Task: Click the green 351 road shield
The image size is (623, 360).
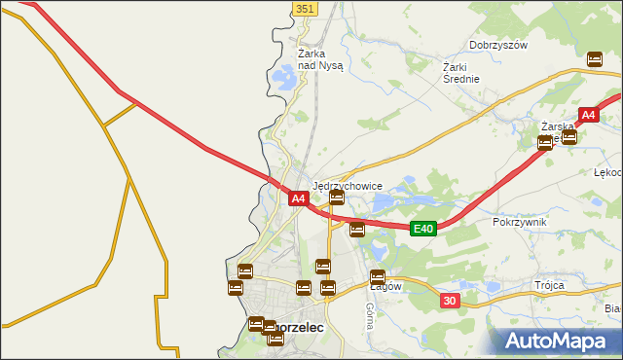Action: click(x=305, y=8)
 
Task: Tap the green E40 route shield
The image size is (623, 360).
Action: click(x=421, y=229)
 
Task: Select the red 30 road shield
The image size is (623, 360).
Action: click(x=449, y=302)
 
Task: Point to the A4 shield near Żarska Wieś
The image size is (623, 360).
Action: click(x=588, y=116)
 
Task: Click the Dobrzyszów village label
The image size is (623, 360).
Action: click(x=497, y=45)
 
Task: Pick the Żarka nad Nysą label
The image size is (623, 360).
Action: click(x=320, y=59)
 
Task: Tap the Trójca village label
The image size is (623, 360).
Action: click(x=549, y=285)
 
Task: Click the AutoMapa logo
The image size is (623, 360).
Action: click(x=556, y=342)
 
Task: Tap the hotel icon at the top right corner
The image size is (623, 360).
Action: click(x=595, y=59)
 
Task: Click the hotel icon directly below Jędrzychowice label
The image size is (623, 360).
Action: click(x=337, y=198)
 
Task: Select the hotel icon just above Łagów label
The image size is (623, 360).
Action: click(x=378, y=276)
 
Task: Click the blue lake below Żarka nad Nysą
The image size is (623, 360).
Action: click(x=286, y=77)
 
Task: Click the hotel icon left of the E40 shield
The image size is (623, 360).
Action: click(x=357, y=230)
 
